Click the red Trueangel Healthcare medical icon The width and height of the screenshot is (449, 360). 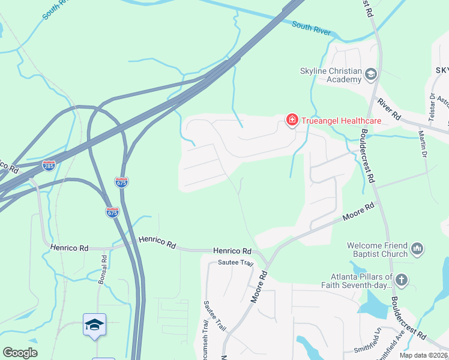(292, 121)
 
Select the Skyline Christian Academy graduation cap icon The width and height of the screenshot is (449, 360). (371, 74)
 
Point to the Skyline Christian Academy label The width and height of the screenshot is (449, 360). (331, 76)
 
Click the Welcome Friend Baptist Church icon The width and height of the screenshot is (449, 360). (418, 248)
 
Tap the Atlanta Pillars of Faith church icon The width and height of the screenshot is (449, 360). (402, 280)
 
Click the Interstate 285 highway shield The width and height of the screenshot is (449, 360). (49, 164)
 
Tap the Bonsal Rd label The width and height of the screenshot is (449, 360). (104, 269)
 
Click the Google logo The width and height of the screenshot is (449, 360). (20, 353)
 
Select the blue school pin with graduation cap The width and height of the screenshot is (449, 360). (95, 325)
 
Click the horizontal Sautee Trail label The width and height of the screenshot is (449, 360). (237, 263)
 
